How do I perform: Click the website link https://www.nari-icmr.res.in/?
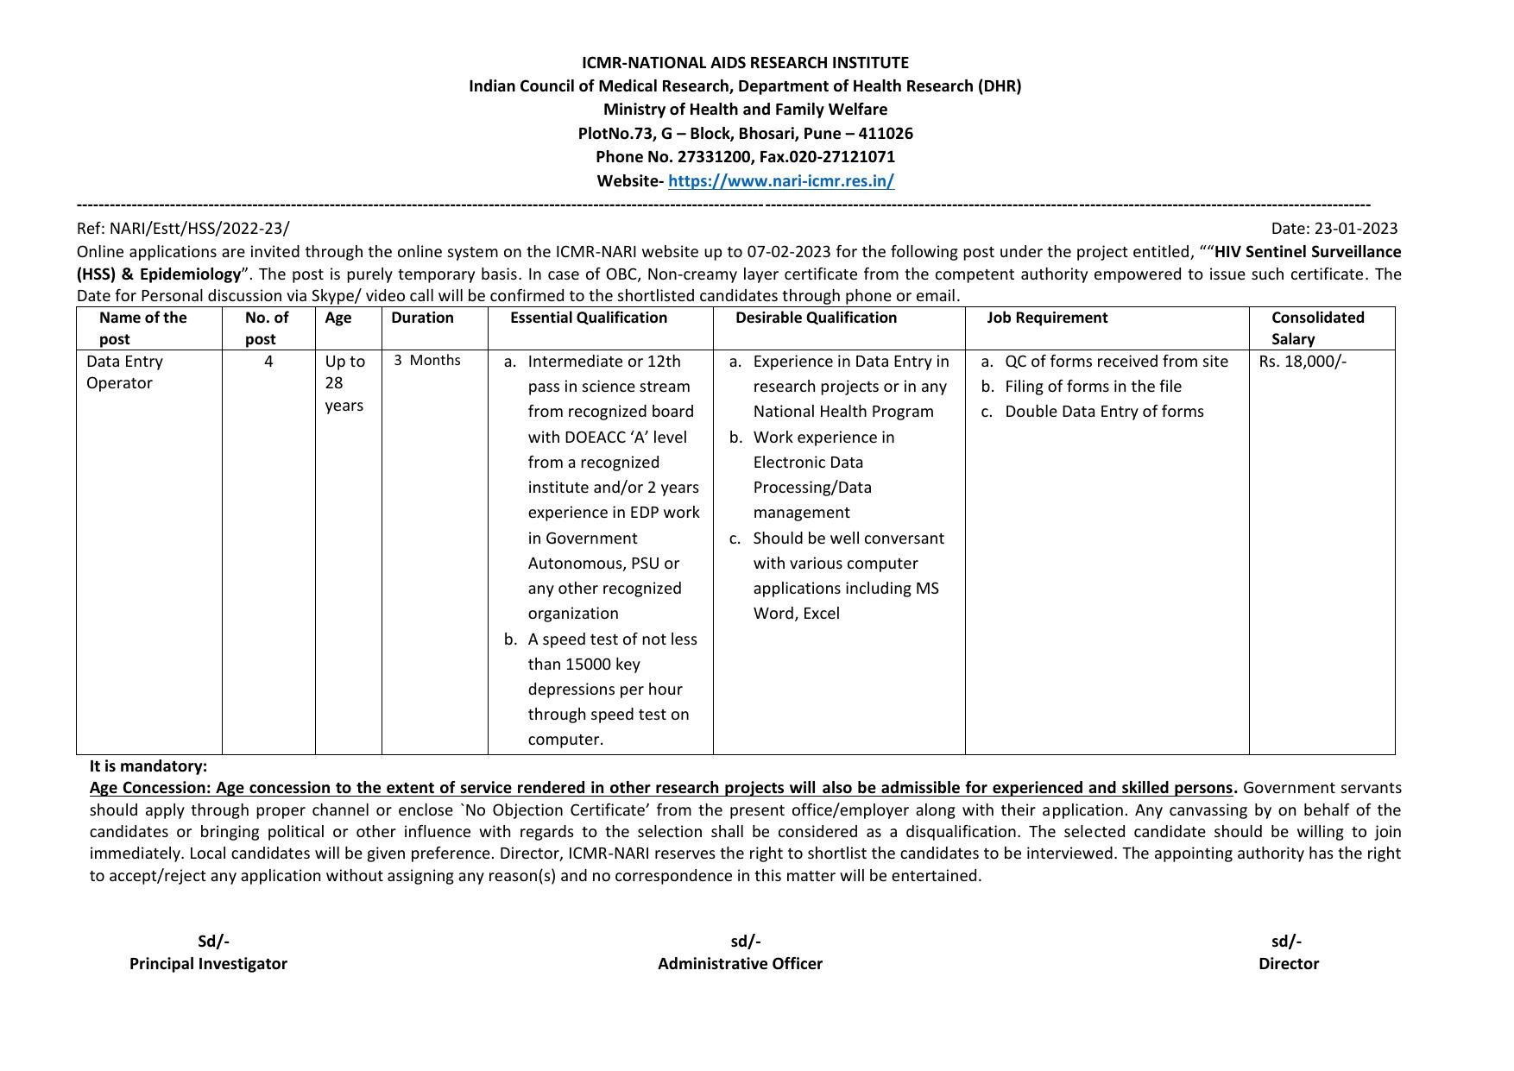tap(780, 181)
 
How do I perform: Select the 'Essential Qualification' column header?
tap(588, 318)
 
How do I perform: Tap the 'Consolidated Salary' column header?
tap(1317, 328)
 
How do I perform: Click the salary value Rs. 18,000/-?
tap(1302, 362)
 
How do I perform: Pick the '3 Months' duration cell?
tap(427, 361)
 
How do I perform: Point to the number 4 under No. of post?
tap(268, 362)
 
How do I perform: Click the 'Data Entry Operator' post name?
tap(124, 372)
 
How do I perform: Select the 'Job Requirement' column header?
tap(1047, 318)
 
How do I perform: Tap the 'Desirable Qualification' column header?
tap(816, 318)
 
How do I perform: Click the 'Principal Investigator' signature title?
tap(208, 964)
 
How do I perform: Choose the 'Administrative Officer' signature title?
tap(740, 964)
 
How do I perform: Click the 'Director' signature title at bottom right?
tap(1288, 964)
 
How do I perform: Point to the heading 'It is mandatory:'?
tap(148, 766)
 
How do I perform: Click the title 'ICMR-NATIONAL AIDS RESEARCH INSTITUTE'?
tap(745, 63)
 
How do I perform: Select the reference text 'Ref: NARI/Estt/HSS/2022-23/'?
tap(183, 229)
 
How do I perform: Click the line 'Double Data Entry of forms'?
tap(1104, 412)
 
